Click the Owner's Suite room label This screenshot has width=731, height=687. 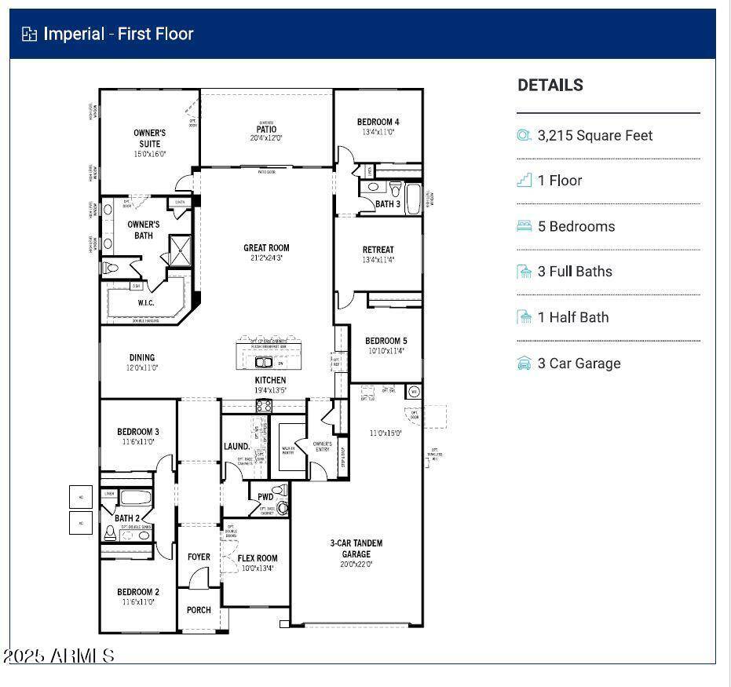point(149,138)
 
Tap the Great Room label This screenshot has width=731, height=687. point(266,248)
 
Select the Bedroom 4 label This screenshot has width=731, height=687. point(378,122)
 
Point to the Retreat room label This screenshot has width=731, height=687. point(378,250)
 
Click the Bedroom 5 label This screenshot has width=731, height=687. point(386,341)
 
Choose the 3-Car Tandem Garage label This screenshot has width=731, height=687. point(356,548)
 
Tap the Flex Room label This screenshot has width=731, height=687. point(258,558)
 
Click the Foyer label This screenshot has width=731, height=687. point(199,557)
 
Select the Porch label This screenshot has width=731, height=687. point(199,610)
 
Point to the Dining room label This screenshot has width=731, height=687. point(142,357)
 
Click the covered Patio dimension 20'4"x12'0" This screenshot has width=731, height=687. point(265,138)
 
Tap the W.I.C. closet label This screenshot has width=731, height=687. point(146,302)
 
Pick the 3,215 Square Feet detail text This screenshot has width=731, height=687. point(594,135)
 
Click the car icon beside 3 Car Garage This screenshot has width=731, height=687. point(524,363)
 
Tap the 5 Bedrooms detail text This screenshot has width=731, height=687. point(576,226)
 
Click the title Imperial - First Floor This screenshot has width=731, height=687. point(118,34)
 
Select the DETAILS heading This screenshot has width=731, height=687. point(550,86)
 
